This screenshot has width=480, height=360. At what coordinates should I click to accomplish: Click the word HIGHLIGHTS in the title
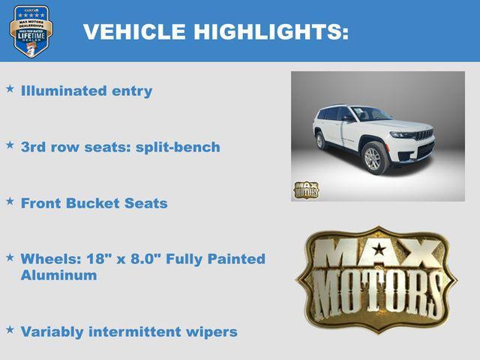(271, 31)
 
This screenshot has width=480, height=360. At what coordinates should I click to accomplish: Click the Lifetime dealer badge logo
(31, 31)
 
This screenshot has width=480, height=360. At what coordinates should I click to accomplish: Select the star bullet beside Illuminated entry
(10, 88)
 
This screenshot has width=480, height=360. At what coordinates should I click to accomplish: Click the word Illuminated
(65, 91)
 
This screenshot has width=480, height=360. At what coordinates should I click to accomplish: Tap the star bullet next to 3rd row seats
(10, 145)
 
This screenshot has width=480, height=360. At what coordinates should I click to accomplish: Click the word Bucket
(94, 203)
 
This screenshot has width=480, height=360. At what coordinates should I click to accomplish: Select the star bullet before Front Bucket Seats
(10, 201)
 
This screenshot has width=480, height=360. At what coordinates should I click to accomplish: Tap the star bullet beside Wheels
(10, 256)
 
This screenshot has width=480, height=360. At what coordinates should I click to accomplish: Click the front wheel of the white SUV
(373, 158)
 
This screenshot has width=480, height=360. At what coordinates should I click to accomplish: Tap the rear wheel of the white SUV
(321, 140)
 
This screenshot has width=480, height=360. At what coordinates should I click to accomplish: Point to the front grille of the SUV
(424, 136)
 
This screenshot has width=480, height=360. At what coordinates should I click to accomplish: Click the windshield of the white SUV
(371, 114)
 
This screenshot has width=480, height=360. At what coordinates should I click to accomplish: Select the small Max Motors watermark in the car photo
(305, 190)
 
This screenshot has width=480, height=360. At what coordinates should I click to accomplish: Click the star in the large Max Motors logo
(379, 249)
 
